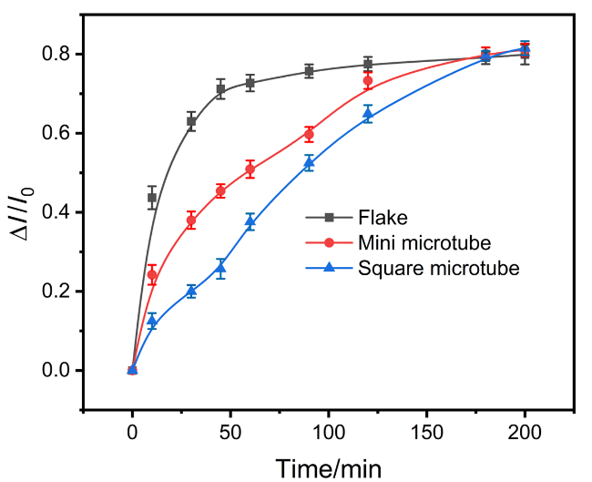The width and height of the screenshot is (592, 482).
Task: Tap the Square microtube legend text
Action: pyautogui.click(x=438, y=268)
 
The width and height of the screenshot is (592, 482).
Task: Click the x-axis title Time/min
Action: pyautogui.click(x=329, y=467)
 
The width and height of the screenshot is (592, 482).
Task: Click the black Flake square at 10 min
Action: pyautogui.click(x=152, y=198)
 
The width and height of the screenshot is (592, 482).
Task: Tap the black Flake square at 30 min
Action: pyautogui.click(x=191, y=121)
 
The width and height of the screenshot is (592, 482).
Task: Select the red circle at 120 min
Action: pyautogui.click(x=368, y=81)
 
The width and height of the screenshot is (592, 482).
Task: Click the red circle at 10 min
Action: pyautogui.click(x=152, y=275)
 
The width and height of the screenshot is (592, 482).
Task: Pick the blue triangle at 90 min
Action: pyautogui.click(x=309, y=163)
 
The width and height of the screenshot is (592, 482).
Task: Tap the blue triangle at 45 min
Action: pyautogui.click(x=220, y=268)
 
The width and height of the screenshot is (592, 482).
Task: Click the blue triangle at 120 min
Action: pyautogui.click(x=368, y=114)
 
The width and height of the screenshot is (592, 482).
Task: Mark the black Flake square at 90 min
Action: pyautogui.click(x=309, y=70)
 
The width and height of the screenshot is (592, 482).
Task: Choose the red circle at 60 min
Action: pyautogui.click(x=250, y=169)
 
